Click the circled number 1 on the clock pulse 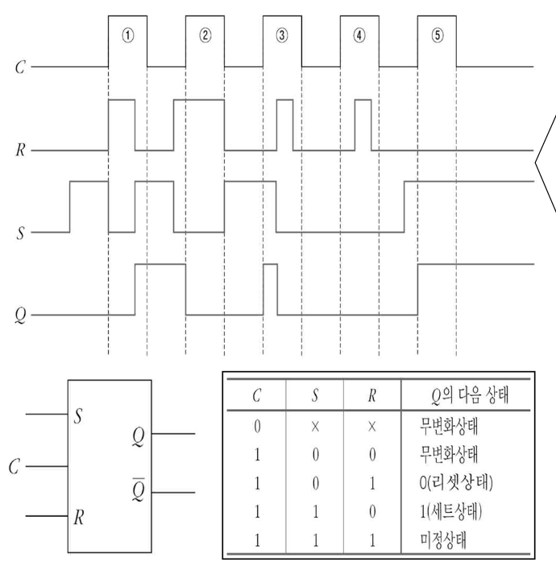[127, 35]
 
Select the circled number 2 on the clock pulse [205, 35]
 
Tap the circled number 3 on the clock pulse [282, 35]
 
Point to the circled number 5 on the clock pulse [437, 35]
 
